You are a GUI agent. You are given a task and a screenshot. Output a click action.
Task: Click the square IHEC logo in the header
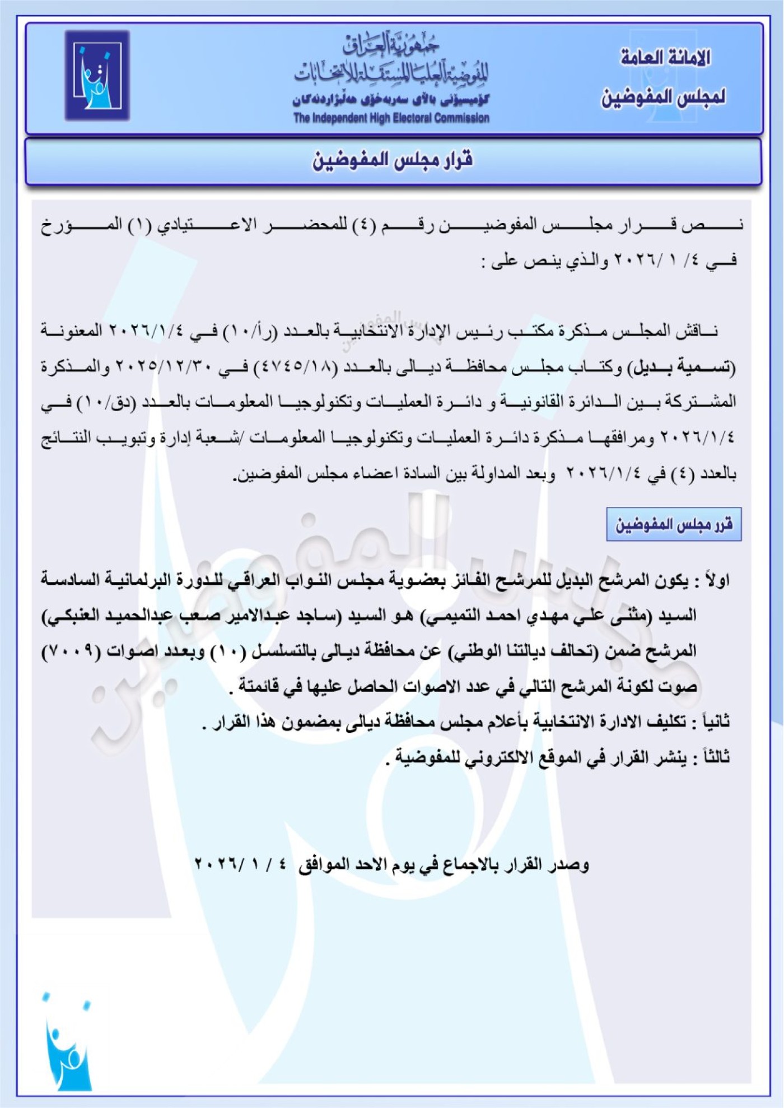point(97,76)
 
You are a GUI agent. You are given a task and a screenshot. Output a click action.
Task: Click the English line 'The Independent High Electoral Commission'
point(391,118)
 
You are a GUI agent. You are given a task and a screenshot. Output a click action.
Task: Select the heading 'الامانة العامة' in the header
point(665,57)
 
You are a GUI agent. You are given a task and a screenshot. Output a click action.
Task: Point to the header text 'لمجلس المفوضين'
point(664,97)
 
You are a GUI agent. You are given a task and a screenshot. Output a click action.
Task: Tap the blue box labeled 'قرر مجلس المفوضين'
point(674,524)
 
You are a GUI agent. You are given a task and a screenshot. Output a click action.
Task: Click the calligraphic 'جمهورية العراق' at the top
point(391,45)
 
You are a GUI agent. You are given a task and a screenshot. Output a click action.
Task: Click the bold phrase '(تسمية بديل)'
point(682,367)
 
